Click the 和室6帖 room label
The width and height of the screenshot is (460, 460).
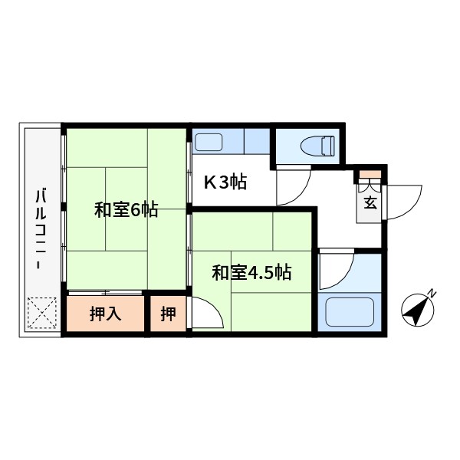coord(127,209)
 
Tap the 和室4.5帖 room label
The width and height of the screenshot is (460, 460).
coord(251,272)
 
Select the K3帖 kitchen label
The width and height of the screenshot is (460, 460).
coord(224,182)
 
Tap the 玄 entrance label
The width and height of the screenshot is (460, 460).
coord(370,203)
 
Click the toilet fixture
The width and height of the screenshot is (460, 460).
coord(319,145)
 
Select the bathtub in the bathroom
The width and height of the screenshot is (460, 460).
coord(349,312)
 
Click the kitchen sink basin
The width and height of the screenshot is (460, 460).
coord(208,142)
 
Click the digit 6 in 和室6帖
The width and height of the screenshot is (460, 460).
coord(135,209)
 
